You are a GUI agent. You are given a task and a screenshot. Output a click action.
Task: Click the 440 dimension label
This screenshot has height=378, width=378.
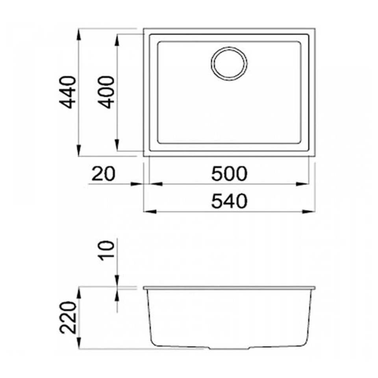click(68, 92)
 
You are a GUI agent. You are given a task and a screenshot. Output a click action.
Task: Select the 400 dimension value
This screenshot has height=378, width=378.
click(106, 92)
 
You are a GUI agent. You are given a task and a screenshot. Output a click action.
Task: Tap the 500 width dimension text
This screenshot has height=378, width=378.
click(229, 174)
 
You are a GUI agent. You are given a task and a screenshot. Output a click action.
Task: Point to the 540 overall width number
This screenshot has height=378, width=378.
click(229, 201)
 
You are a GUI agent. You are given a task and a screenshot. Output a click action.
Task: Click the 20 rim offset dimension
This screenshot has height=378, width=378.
click(104, 174)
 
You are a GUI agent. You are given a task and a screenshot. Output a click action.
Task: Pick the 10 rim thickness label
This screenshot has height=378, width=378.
click(106, 250)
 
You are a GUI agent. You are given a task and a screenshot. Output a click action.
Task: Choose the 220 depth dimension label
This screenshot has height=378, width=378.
click(68, 317)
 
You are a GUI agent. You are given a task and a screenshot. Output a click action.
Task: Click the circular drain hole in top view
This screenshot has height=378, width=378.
click(229, 64)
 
